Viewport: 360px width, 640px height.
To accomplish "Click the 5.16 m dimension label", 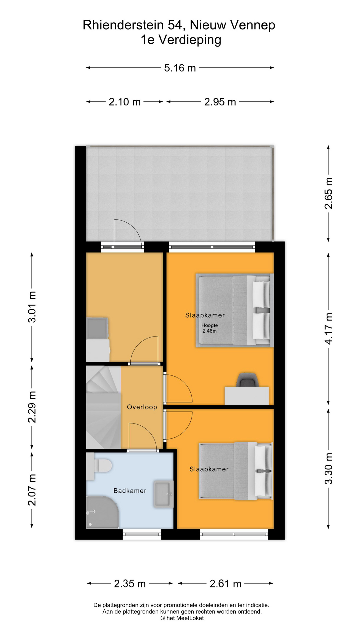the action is [180, 68].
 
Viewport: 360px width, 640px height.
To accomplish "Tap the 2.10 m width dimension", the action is [125, 102].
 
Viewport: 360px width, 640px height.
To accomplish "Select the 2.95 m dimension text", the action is [220, 102].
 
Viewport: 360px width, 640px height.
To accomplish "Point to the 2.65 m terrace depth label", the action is [329, 193].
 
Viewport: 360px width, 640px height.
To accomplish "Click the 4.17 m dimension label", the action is [329, 329].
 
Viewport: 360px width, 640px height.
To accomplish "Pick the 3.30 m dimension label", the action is [329, 468].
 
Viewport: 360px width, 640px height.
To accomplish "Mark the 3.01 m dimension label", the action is [32, 307].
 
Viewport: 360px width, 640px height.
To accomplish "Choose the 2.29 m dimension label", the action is [32, 407].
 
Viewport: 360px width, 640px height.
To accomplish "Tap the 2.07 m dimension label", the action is [32, 490].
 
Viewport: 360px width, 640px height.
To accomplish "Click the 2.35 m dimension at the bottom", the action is [130, 584].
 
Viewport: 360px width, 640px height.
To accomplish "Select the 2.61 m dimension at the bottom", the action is [225, 584].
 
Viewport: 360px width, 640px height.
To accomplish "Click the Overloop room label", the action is [142, 407].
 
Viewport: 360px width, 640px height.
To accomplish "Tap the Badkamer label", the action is [130, 491].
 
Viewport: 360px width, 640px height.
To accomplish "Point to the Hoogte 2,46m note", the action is [210, 328].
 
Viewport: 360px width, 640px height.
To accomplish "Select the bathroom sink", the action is [163, 494].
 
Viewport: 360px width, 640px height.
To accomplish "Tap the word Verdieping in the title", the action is [190, 40].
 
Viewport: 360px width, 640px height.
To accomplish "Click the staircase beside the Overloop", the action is [103, 407].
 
